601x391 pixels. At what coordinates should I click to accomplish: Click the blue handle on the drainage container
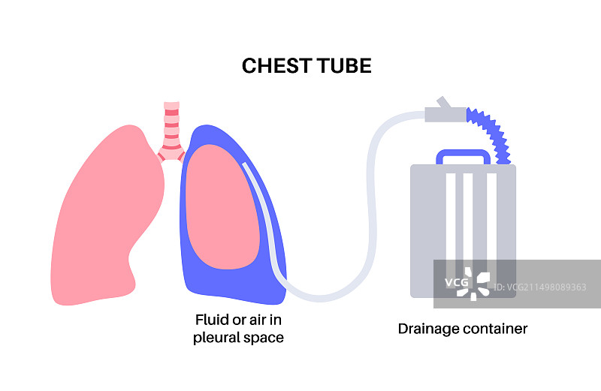(x=463, y=155)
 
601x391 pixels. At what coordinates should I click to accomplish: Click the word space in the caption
(x=264, y=338)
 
